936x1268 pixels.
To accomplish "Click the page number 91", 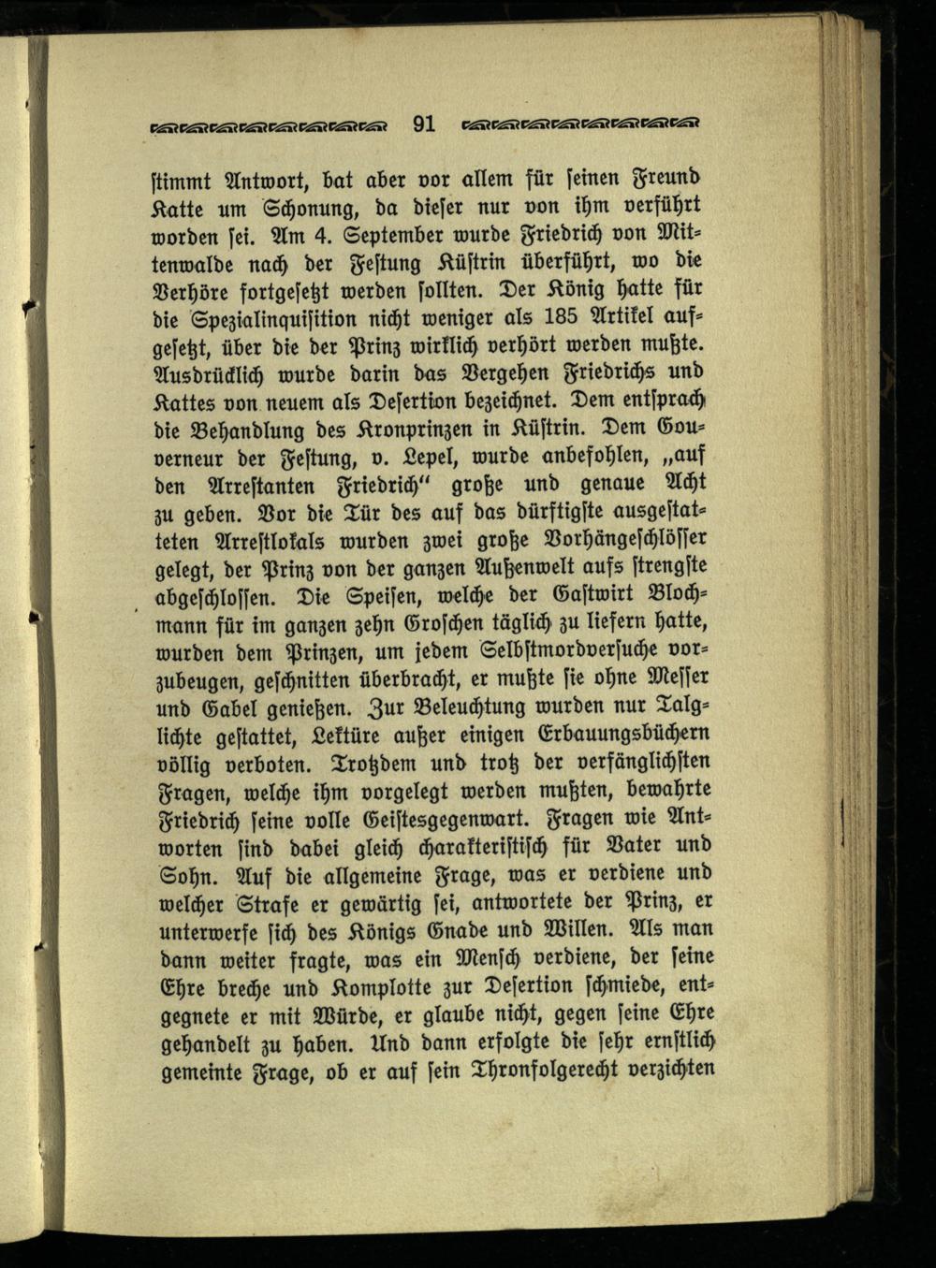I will click(423, 123).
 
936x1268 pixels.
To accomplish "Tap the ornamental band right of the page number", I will click(582, 124).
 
